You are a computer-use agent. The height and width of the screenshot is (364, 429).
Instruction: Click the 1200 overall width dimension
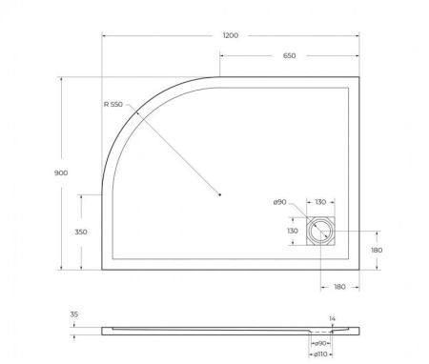tap(229, 35)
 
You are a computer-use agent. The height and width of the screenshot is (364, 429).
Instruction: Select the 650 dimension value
tap(289, 56)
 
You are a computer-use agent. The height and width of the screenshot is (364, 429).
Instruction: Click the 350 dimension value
tap(82, 232)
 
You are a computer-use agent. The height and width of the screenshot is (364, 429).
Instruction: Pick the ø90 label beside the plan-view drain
tap(279, 202)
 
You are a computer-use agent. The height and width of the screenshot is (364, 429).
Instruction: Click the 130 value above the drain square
tap(320, 202)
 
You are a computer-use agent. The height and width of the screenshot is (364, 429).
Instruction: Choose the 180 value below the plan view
tap(339, 286)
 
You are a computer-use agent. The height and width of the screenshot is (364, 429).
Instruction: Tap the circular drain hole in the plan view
tap(321, 230)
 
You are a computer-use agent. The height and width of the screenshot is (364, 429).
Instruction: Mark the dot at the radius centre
tap(220, 195)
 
